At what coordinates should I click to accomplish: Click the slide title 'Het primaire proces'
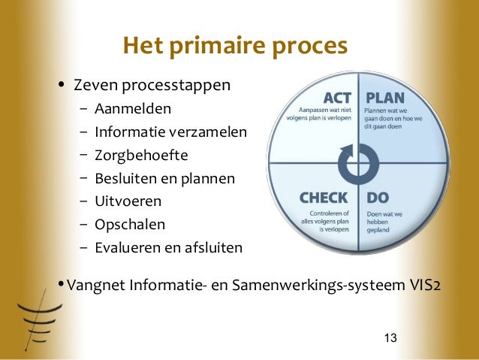(235, 47)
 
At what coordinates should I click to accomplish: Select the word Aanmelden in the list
(133, 110)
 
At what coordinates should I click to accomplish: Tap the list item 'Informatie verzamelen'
(170, 133)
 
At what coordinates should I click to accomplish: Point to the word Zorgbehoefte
(141, 156)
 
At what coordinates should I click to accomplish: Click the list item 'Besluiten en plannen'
(164, 179)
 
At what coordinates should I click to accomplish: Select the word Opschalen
(129, 224)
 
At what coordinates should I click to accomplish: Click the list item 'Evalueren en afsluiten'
(168, 247)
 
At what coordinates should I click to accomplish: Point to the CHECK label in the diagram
(324, 198)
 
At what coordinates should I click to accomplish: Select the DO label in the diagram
(378, 198)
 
